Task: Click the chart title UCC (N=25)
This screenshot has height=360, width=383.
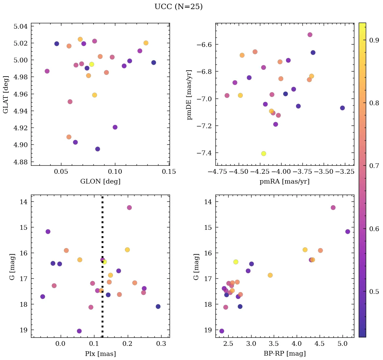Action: click(178, 7)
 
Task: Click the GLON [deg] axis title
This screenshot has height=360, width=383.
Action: click(100, 181)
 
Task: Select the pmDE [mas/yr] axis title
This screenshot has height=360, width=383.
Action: click(189, 95)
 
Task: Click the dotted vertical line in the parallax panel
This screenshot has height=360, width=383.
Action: click(102, 267)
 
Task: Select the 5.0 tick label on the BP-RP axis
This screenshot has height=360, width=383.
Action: click(343, 344)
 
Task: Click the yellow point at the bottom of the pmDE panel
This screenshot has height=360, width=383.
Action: click(264, 154)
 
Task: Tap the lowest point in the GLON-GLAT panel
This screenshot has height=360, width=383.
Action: click(97, 149)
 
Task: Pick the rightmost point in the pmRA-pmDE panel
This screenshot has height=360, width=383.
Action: click(343, 108)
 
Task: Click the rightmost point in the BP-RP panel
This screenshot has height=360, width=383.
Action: click(348, 231)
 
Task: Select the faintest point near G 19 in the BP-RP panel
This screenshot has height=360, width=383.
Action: click(222, 331)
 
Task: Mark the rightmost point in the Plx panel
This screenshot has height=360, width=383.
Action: click(158, 306)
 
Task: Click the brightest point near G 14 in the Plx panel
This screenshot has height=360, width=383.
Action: click(129, 207)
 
